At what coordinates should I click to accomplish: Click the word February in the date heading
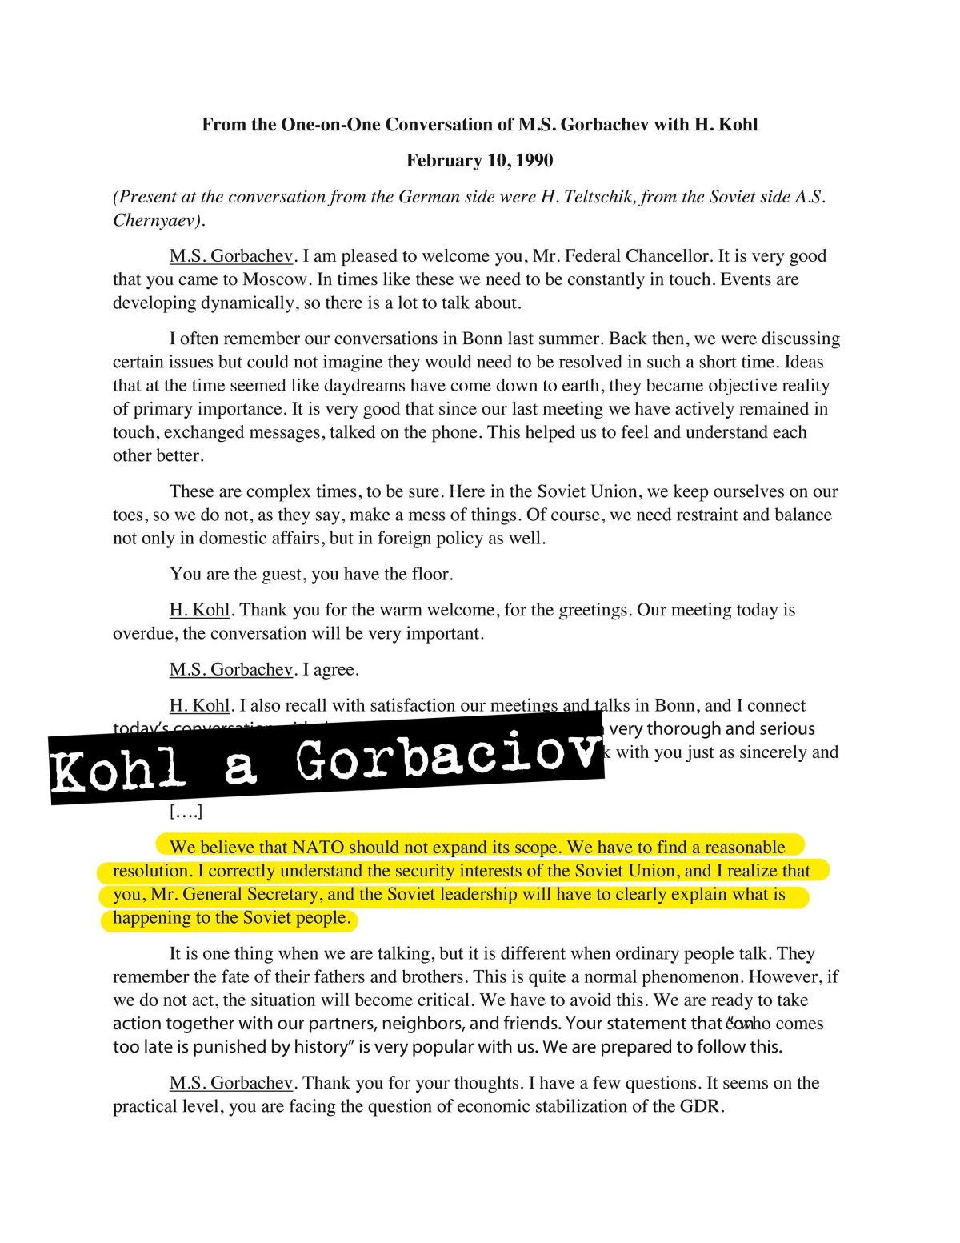442,161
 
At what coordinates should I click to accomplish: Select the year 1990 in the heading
534,161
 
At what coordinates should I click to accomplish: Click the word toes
128,515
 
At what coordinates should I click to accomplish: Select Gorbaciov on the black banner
448,758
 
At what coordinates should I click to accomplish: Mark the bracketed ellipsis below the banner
186,812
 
